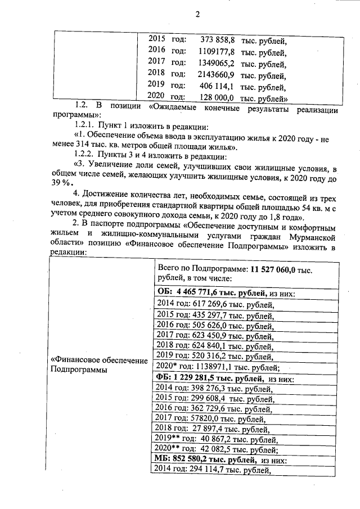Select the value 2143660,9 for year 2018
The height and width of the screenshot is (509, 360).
216,75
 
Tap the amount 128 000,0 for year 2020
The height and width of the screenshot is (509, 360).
218,97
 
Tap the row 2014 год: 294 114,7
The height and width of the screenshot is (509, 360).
213,471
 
